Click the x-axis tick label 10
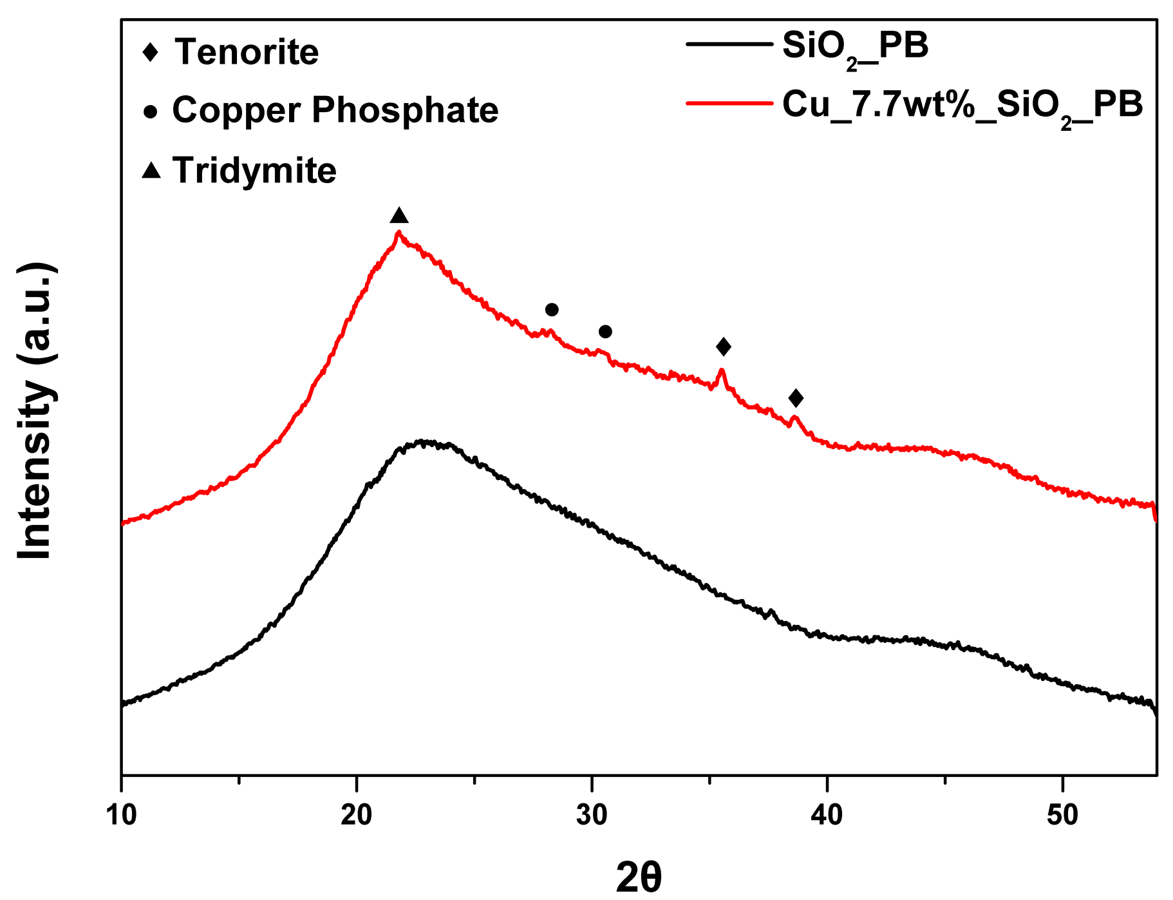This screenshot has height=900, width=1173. pos(121,815)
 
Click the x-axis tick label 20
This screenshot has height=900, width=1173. pos(356,815)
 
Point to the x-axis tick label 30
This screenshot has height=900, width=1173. pos(592,815)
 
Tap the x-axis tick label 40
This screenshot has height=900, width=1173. pos(827,815)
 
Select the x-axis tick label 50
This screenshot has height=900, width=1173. pos(1062,815)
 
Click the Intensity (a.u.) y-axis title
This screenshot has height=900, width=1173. pos(35,411)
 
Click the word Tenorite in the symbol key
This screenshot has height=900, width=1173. pos(247,52)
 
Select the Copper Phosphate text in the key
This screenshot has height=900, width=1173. pos(335,110)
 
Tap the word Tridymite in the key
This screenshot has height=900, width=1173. pos(254,171)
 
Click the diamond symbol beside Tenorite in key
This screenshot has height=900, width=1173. pos(150,52)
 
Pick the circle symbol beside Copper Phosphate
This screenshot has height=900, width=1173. pos(151,111)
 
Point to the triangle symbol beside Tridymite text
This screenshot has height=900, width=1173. pos(151,170)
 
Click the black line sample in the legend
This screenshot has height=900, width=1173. pos(729,44)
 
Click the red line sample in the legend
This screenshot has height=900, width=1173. pos(729,103)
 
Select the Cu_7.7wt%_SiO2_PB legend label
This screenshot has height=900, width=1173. pos(962,105)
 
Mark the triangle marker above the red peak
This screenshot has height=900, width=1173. pos(399,216)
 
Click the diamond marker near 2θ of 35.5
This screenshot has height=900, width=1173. pos(724,347)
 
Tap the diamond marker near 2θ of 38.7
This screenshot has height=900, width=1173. pos(796,398)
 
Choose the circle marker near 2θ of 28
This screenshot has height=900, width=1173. pos(552,310)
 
